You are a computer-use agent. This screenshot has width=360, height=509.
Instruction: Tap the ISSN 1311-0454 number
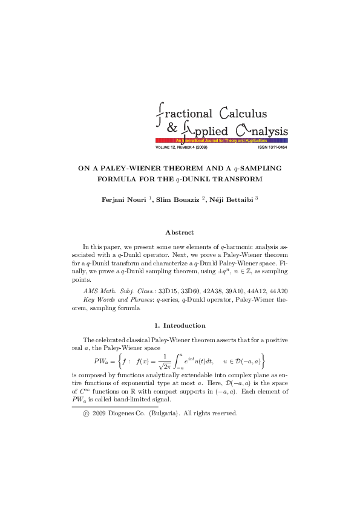click(x=272, y=148)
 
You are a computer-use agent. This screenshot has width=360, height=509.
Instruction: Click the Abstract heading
click(x=180, y=232)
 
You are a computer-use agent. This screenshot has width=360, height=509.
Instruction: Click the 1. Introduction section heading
click(x=180, y=326)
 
